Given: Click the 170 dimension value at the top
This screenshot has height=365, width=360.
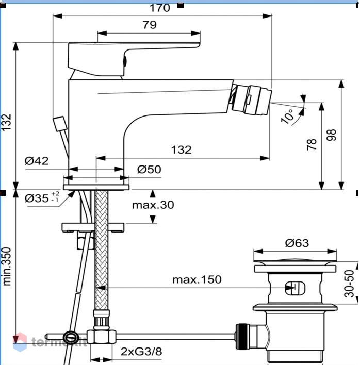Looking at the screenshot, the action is (x=160, y=8).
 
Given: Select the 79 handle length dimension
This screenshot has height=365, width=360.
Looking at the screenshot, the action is (x=150, y=25).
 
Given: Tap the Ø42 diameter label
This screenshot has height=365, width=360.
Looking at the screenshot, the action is (x=37, y=161).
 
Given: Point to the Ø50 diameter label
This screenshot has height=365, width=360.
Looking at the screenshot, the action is (x=149, y=169).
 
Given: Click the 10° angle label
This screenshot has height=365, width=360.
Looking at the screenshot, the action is (x=288, y=116).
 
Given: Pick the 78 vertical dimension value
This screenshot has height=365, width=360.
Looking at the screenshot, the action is (x=312, y=144).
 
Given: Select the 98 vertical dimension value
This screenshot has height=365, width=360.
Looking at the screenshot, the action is (x=331, y=135).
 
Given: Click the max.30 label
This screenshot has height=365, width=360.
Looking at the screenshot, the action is (x=153, y=205).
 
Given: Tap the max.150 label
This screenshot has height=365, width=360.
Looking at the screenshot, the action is (x=197, y=279).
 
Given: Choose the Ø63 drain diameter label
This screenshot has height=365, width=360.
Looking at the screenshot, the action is (x=297, y=243).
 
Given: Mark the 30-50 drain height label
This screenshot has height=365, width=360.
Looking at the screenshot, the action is (x=349, y=284).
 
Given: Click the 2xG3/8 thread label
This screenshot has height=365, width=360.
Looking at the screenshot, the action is (x=141, y=352).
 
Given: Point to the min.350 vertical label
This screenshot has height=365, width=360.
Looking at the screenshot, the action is (x=7, y=267).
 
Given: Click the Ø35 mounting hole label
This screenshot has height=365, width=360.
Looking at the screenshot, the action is (x=42, y=198).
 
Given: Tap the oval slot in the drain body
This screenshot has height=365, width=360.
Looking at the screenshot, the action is (x=295, y=288).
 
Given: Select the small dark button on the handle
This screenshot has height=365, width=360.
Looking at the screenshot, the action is (x=125, y=62).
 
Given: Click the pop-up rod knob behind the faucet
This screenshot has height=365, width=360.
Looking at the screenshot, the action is (x=60, y=124).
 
